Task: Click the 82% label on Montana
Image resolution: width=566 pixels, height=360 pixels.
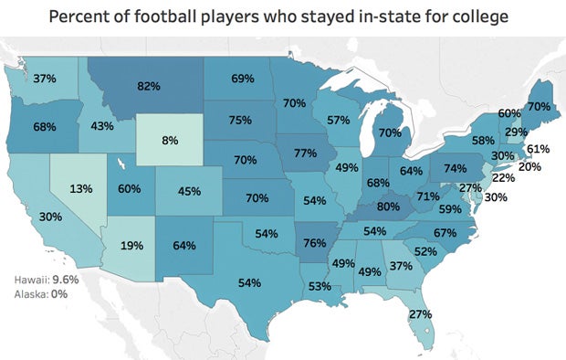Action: [x=149, y=86]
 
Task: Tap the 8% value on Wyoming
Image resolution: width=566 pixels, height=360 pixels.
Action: [x=169, y=142]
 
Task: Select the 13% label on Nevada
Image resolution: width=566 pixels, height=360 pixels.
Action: [x=81, y=188]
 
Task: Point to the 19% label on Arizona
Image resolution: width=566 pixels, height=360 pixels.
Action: [x=133, y=245]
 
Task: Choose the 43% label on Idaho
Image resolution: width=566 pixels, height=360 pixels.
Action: [x=101, y=125]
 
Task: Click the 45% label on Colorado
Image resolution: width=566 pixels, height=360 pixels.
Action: [x=188, y=192]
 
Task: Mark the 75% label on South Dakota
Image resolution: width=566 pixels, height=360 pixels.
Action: [x=240, y=120]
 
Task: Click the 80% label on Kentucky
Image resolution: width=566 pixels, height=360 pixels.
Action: [x=389, y=206]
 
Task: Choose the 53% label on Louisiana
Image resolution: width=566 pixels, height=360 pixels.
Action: [x=320, y=287]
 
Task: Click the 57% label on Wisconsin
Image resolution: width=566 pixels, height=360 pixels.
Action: [x=339, y=121]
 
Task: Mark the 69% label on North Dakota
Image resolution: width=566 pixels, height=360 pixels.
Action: [x=242, y=79]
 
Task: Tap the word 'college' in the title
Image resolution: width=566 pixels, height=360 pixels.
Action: [x=474, y=17]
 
